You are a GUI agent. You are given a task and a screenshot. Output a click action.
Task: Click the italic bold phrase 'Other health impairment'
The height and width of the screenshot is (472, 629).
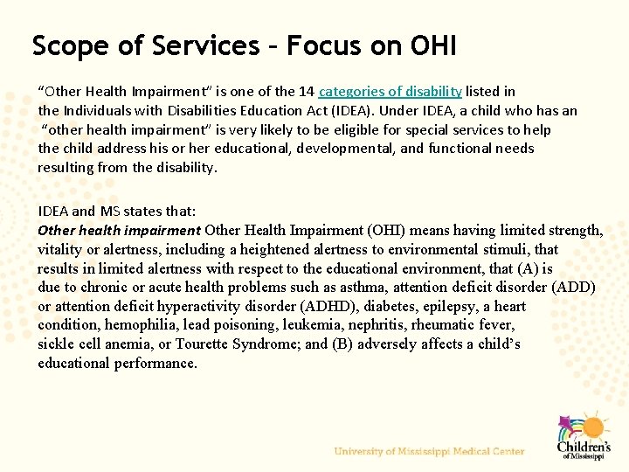tap(119, 231)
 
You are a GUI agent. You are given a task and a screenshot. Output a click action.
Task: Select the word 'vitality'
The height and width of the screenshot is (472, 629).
tap(60, 249)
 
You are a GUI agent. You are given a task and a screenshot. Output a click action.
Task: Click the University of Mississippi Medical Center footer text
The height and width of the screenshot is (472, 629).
tap(429, 451)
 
